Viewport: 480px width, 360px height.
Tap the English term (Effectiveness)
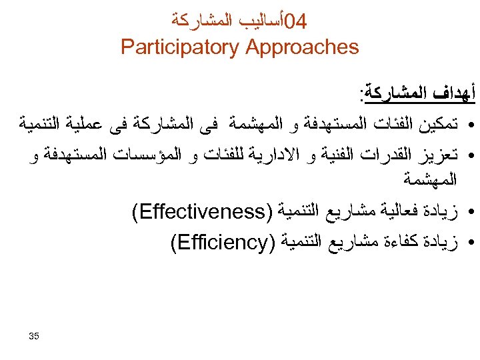point(199,213)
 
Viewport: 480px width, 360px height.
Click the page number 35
point(34,335)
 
